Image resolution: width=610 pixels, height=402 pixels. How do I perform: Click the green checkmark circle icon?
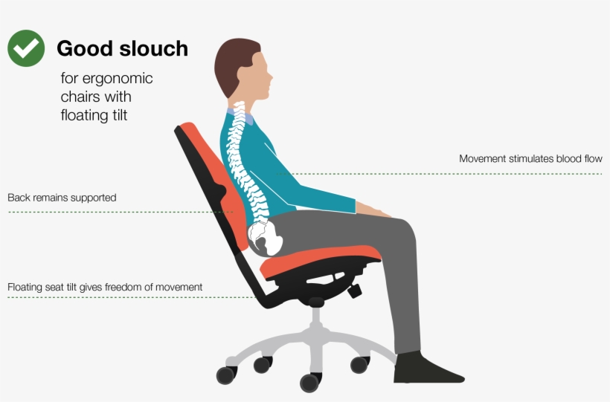coord(26,48)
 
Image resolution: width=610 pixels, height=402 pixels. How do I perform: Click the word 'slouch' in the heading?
coord(152,49)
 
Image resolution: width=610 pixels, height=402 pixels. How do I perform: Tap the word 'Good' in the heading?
coord(83,49)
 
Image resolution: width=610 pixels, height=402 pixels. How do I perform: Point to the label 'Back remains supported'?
coord(62,198)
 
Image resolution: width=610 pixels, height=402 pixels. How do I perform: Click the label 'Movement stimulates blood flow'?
coord(530,159)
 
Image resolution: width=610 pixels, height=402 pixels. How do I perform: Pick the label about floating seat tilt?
coord(105,288)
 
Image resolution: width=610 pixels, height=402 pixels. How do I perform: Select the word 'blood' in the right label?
coord(557,159)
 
